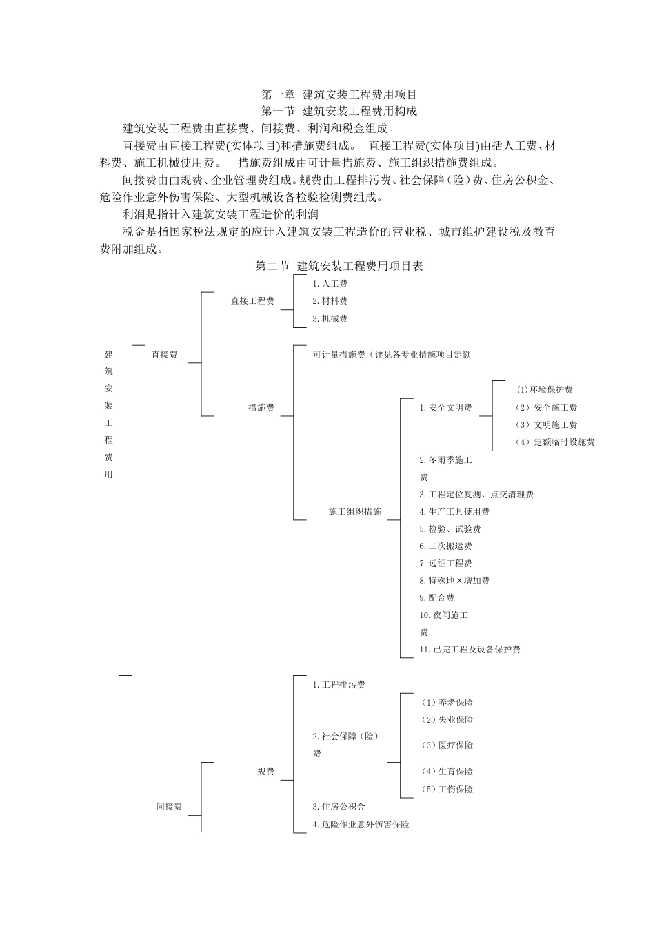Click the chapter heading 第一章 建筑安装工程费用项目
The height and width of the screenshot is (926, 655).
coord(339,94)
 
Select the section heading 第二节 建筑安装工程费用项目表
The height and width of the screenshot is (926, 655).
coord(339,266)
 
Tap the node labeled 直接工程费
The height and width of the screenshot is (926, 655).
coord(252,301)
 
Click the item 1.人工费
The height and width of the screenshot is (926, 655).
coord(330,284)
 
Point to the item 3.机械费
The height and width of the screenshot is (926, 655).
coord(330,319)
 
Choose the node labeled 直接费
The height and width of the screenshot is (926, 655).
coord(165,355)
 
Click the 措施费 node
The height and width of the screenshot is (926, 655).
coord(261,408)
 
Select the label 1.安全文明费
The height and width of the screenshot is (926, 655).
coord(445,408)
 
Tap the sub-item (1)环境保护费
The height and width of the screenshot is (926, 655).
coord(545,390)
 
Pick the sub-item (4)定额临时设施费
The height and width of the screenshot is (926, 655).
coord(555,442)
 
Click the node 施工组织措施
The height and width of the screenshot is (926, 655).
coord(355,512)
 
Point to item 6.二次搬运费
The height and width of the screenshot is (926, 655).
coord(445,546)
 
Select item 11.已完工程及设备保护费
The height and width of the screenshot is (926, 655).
coord(470,650)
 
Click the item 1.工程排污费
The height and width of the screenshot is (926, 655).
coord(339,685)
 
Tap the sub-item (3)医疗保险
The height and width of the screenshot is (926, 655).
coord(447,745)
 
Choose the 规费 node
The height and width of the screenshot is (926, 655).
coord(265,772)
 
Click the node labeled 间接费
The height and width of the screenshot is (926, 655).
coord(169,807)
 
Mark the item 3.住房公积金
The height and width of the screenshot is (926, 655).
coord(339,807)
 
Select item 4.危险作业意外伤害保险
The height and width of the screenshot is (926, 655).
coord(361,825)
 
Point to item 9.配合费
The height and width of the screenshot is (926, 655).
coord(436,598)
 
